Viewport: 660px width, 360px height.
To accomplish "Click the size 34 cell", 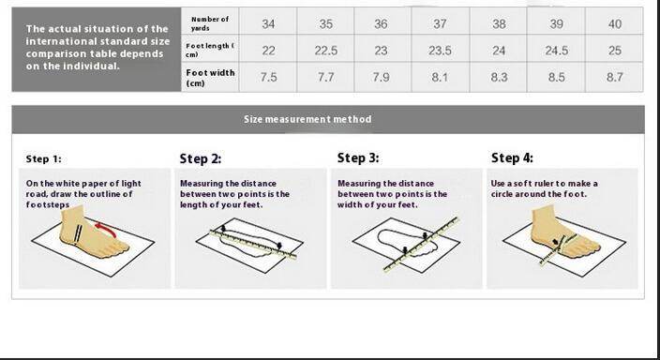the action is click(x=268, y=24).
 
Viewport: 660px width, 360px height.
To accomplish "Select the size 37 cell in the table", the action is click(x=440, y=24).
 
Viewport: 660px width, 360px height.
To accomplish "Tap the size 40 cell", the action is click(x=615, y=24).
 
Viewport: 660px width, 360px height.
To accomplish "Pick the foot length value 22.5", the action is click(x=326, y=51).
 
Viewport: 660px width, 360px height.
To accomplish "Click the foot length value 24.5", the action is click(x=557, y=51).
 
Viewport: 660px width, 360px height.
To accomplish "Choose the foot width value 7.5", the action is click(x=268, y=77).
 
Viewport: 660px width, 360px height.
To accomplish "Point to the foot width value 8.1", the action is click(x=440, y=77).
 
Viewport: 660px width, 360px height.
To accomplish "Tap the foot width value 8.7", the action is click(x=615, y=77).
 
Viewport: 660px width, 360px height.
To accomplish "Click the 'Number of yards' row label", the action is click(x=210, y=23).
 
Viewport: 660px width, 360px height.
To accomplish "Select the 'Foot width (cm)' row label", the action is click(x=210, y=78).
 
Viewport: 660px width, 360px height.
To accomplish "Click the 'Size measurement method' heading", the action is click(x=307, y=119).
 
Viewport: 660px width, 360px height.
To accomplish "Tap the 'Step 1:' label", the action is click(x=43, y=158).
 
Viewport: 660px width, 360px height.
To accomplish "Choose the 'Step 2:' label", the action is click(x=201, y=158).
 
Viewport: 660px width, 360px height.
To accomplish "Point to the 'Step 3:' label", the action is click(x=358, y=157).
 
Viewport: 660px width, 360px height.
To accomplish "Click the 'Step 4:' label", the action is click(x=512, y=157).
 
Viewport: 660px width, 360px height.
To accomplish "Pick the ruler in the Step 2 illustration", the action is click(x=253, y=244).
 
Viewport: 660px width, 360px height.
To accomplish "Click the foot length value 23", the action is click(x=381, y=51).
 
